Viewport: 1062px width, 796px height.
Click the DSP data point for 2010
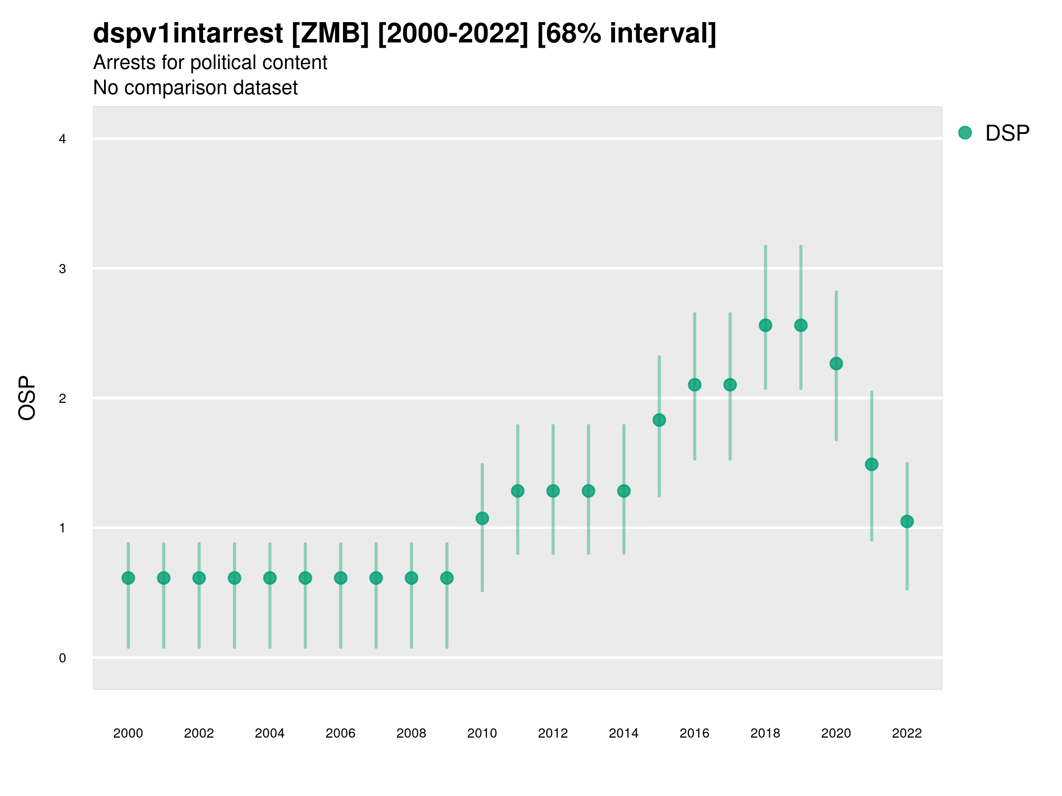click(482, 518)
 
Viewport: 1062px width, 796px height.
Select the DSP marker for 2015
click(659, 420)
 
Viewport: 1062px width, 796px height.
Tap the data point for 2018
click(765, 325)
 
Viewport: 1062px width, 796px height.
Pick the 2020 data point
click(836, 363)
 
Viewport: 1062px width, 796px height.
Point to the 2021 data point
click(871, 464)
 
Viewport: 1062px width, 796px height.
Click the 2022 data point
click(907, 521)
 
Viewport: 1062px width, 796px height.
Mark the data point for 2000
click(128, 578)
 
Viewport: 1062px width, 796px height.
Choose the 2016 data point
click(695, 384)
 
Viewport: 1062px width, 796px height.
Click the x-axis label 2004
click(269, 733)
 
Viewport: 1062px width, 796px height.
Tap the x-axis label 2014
click(623, 733)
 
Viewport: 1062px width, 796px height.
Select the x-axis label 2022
click(907, 733)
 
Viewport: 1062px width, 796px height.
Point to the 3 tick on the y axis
click(62, 269)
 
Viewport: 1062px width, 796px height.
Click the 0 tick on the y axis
click(62, 658)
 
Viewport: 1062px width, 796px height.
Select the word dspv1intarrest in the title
click(188, 33)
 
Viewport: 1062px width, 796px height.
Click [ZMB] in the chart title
click(330, 33)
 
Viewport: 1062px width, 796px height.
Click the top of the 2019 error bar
click(801, 247)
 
